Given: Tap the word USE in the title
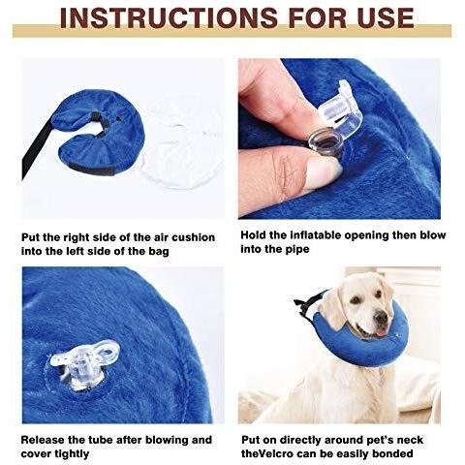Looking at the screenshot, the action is [x=386, y=17].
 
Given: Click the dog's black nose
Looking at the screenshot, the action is [x=382, y=319].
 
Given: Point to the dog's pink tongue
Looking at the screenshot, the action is [x=381, y=332].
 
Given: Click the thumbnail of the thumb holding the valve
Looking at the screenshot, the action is [x=323, y=172].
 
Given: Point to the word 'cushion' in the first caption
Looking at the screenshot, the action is [x=193, y=237].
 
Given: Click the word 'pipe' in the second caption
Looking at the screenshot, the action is [x=297, y=250].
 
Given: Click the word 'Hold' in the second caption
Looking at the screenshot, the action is [x=253, y=235].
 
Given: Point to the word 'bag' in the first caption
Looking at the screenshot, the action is [x=159, y=252].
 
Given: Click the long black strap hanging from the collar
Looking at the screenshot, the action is [x=35, y=152].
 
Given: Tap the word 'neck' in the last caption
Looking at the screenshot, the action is [x=410, y=440].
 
